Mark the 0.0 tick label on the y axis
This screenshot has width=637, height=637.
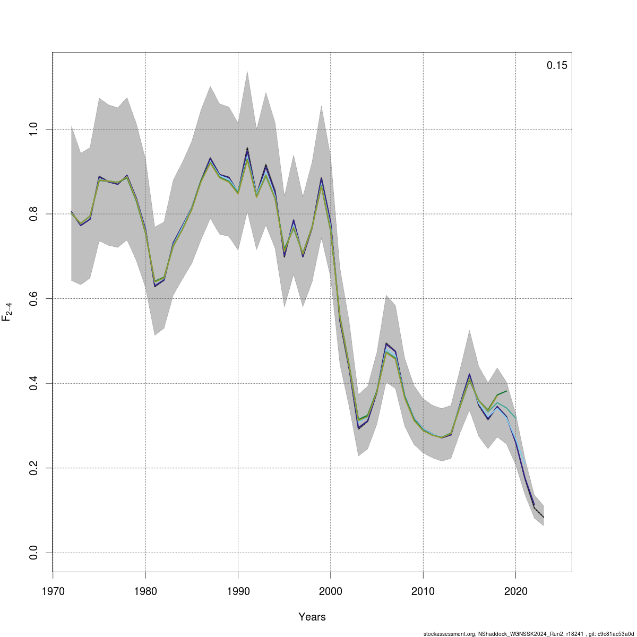tap(32, 553)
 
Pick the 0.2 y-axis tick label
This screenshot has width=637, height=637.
tap(32, 468)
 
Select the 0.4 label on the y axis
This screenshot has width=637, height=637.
tap(32, 383)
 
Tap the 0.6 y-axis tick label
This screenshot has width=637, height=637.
tap(32, 298)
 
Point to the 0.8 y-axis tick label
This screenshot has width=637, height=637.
tap(32, 214)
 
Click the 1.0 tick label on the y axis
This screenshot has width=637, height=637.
tap(32, 129)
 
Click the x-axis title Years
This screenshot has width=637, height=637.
tap(312, 617)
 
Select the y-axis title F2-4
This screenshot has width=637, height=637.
tap(7, 312)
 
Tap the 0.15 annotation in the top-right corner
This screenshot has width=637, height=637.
tap(557, 66)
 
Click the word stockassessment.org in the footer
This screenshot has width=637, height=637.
tap(449, 634)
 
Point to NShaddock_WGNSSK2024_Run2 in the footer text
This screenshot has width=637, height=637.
tap(515, 634)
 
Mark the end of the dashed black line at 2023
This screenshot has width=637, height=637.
tap(544, 517)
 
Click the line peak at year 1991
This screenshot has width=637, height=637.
tap(247, 150)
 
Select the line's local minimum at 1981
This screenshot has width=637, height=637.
tap(154, 286)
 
